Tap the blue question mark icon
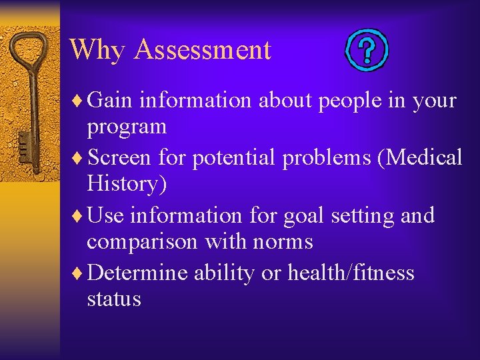366,51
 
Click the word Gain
111,101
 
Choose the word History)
127,184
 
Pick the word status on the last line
114,299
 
